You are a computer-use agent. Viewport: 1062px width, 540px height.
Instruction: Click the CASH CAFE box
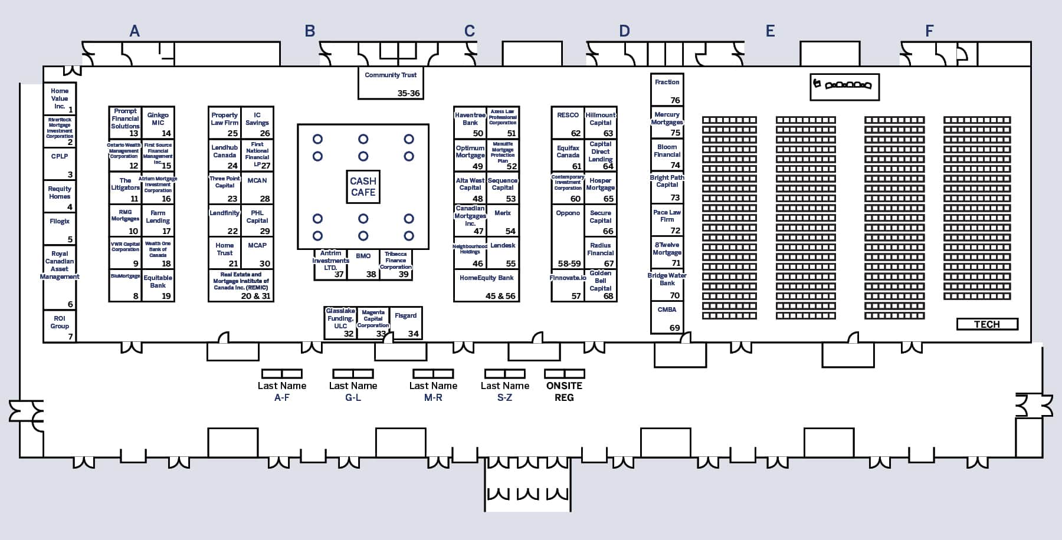click(363, 187)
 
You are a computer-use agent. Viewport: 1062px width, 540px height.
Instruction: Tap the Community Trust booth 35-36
click(391, 83)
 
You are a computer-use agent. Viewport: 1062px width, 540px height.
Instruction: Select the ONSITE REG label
click(564, 391)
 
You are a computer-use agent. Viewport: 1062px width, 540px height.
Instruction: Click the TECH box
click(987, 324)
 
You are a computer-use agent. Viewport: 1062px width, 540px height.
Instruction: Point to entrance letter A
click(135, 31)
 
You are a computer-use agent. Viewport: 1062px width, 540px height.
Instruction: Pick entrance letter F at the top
click(929, 31)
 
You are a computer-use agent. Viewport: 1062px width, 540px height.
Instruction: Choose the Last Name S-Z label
click(504, 391)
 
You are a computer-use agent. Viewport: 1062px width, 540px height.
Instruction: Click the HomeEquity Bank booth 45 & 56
click(487, 286)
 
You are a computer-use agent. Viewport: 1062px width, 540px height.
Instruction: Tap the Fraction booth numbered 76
click(667, 90)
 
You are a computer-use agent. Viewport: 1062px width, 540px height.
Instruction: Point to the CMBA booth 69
click(667, 318)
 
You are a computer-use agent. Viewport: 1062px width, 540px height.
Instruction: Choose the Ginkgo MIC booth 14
click(158, 122)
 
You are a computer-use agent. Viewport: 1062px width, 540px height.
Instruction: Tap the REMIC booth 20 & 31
click(241, 286)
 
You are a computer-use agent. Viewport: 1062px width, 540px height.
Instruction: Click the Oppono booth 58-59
click(568, 236)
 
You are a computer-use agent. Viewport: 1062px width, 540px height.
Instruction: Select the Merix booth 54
click(503, 220)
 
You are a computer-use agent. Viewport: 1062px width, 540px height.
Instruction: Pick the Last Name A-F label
click(282, 391)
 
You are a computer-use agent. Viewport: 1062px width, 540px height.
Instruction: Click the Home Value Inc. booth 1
click(60, 99)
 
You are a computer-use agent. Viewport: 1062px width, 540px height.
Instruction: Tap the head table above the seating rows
click(845, 86)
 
